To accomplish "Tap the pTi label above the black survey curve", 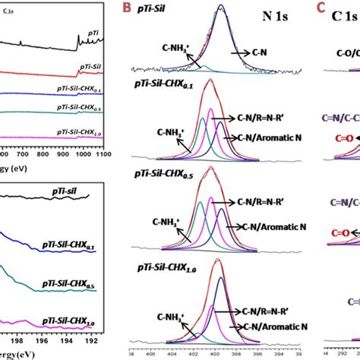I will click(90, 33).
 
